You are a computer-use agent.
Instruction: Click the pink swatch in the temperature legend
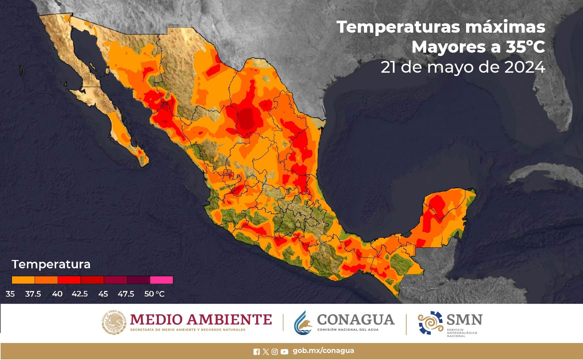(162, 280)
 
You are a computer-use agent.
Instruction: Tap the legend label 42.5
(80, 294)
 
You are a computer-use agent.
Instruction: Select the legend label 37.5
(33, 294)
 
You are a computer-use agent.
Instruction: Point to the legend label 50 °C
(154, 294)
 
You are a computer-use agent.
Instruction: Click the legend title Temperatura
(51, 264)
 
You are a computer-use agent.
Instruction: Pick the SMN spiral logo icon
(430, 323)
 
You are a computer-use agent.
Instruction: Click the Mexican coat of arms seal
(114, 322)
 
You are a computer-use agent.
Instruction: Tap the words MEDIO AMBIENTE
(201, 319)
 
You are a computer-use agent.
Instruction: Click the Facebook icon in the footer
(257, 352)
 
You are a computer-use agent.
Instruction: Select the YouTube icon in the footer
(284, 352)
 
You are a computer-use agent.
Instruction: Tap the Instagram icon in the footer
(275, 352)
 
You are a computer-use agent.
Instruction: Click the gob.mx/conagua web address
(323, 351)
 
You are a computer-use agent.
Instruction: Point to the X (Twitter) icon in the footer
(266, 352)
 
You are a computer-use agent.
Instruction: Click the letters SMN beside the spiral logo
(464, 319)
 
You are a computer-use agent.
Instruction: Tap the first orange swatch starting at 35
(23, 280)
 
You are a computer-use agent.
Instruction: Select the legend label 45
(103, 294)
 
